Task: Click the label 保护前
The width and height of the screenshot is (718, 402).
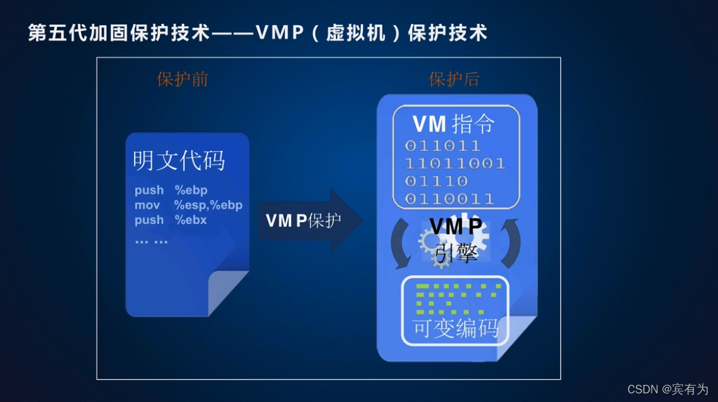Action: point(182,79)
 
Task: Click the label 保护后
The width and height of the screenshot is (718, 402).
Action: point(453,79)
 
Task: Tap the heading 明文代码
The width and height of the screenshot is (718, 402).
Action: point(179,161)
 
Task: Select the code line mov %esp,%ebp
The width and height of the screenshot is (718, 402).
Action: point(188,205)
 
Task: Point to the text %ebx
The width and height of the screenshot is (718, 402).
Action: point(191,220)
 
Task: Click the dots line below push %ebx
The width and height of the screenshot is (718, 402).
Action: point(151,241)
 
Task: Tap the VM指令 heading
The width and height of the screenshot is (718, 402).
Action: point(453,124)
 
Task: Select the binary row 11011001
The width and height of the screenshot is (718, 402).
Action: point(454,164)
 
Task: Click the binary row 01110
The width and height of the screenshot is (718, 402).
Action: point(436,181)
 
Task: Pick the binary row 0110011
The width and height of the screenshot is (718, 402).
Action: point(449,198)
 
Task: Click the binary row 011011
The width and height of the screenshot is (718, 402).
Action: point(442,147)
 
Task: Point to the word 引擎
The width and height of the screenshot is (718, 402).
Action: point(456,252)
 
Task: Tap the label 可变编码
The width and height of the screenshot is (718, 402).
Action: point(455,329)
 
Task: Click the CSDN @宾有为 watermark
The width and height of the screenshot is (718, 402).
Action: point(667,389)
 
